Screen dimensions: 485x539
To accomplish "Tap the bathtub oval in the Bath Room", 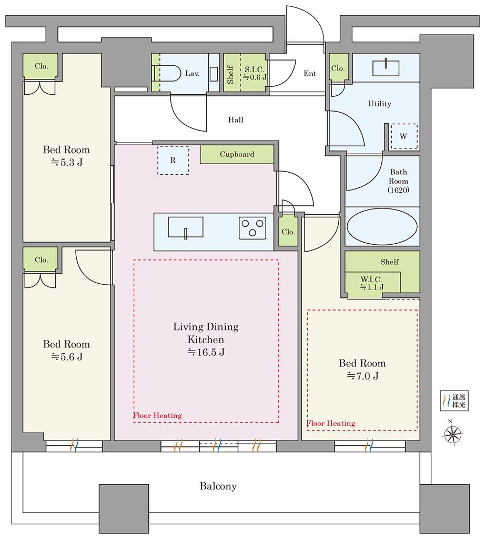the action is [382, 226].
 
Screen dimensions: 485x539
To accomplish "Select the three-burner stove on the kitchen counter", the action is [252, 228].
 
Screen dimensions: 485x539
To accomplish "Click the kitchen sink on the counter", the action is [186, 227].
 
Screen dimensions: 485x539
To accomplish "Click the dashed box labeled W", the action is [404, 136].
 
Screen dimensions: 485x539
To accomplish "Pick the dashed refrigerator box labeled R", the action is [173, 160].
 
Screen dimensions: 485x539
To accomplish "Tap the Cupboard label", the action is [237, 154].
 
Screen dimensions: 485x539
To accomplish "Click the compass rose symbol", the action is [452, 434].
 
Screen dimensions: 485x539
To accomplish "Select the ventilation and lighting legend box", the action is [454, 401].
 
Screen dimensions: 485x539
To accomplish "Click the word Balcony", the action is [218, 486].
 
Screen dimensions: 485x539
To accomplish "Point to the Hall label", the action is [236, 119].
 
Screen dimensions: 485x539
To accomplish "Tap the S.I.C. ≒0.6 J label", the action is [255, 73].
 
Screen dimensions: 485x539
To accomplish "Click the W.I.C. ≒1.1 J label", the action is [372, 283].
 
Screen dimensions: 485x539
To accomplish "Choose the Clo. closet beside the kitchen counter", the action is [288, 231].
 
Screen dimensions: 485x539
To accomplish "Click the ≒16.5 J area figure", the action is [206, 352].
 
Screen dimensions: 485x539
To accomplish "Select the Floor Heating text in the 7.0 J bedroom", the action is [331, 423].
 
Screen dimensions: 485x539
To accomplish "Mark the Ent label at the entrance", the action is [310, 73].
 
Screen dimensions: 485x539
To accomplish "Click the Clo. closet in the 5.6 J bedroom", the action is [41, 259].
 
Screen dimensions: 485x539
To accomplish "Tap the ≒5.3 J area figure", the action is [67, 162].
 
